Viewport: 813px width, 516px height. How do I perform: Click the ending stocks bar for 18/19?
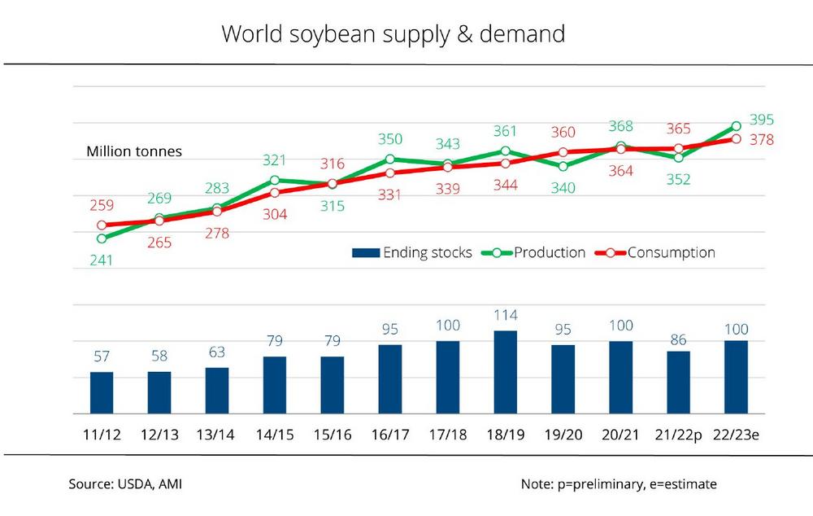point(505,372)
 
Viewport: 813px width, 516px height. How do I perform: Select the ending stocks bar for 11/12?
point(102,392)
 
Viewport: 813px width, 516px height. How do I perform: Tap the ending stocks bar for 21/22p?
point(678,382)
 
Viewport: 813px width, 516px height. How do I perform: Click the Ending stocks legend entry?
point(412,252)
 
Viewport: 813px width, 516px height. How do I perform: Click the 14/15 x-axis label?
point(274,435)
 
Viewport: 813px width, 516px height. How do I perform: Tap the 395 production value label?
point(761,119)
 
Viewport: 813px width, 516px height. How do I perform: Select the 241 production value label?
point(102,260)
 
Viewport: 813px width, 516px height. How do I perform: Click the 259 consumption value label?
point(102,206)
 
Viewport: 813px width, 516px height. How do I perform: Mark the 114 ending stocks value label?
point(505,315)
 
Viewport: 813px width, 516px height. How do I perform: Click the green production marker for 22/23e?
point(736,126)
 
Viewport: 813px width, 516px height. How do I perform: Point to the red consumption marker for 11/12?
point(102,225)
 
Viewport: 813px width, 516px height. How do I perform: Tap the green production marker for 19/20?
point(563,166)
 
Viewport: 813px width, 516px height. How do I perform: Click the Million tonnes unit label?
point(134,151)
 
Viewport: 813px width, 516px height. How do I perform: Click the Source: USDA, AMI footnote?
point(125,484)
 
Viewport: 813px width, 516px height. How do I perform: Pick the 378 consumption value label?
point(762,140)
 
